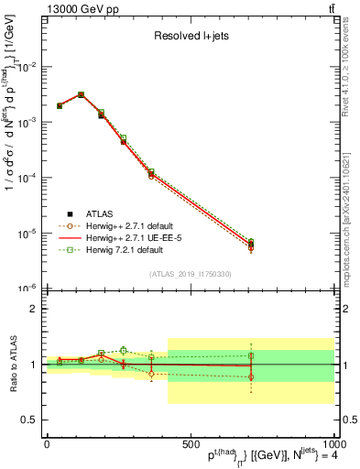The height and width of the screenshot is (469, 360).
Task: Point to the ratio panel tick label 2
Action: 33,309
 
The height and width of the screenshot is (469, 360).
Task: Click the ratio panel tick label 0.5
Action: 29,420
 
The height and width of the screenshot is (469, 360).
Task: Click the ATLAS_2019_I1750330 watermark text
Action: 191,274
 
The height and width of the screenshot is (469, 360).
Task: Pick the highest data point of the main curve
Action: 81,94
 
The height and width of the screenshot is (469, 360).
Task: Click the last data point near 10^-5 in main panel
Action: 250,245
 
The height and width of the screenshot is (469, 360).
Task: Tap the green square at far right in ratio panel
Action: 250,354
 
